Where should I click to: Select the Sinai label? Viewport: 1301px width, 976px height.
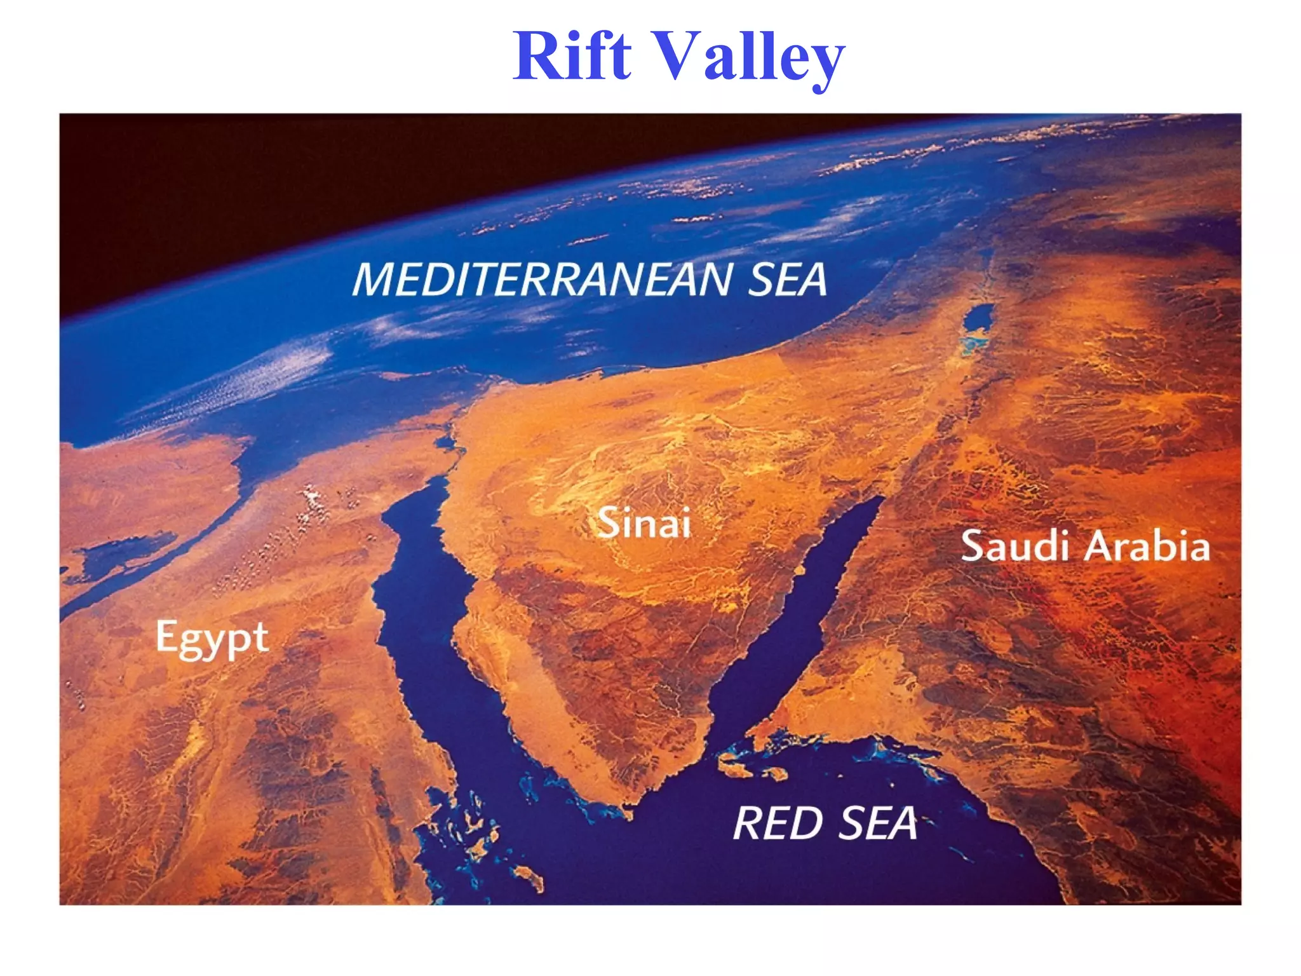(x=644, y=523)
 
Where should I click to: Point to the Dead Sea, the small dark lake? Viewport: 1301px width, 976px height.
(x=979, y=318)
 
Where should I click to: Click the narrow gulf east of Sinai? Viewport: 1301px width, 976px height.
(x=819, y=591)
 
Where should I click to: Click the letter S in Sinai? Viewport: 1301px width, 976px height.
(x=609, y=523)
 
